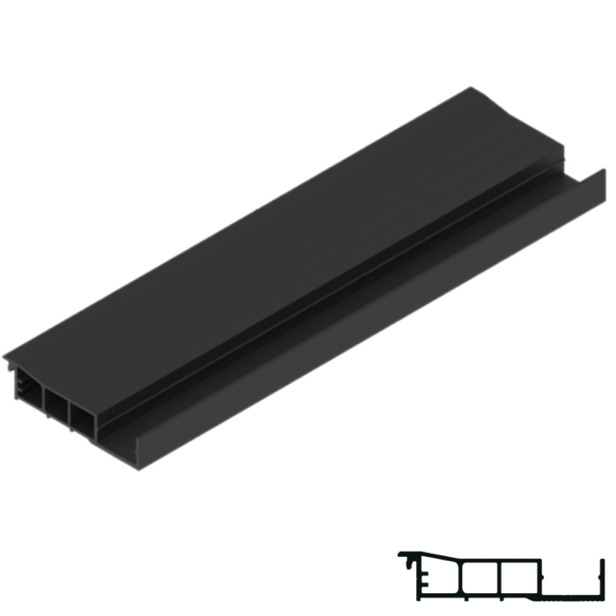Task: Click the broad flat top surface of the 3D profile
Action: (264, 238)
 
